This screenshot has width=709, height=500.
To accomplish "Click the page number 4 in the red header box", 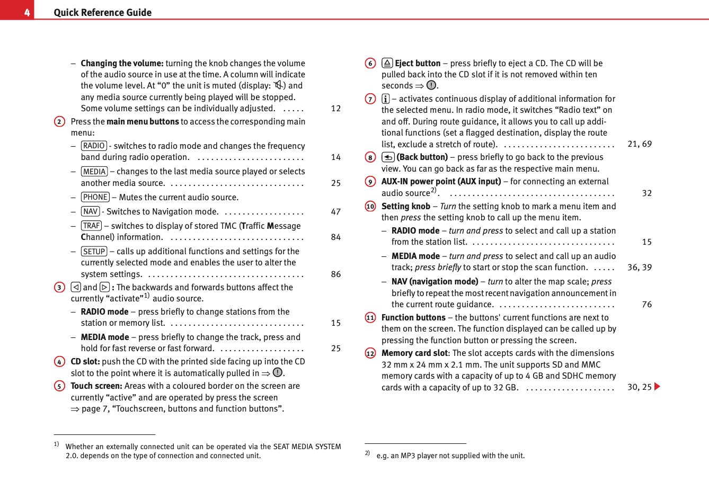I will coord(26,12).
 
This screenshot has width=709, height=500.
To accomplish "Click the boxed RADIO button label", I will coord(94,146).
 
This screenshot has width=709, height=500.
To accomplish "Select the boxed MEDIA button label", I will coord(94,172).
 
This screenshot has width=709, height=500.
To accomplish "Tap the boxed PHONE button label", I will coord(95,197).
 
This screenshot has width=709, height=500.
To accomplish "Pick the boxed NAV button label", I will coord(91,211).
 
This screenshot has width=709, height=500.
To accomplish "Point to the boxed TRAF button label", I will coord(91,226).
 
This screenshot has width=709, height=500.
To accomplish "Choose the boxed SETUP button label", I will coord(94,252).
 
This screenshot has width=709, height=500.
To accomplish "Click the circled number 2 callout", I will coord(59,122).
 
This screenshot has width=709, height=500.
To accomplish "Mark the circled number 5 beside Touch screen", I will coord(59,386).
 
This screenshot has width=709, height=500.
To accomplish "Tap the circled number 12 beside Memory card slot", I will coord(370,353).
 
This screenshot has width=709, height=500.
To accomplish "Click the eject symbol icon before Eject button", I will coord(387,63).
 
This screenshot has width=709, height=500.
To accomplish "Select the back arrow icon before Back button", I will coord(388,157).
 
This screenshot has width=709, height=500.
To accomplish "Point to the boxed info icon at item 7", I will coord(386,99).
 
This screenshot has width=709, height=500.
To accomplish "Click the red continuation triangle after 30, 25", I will coord(658,387).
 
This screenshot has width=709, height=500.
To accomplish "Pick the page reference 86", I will coord(336,274).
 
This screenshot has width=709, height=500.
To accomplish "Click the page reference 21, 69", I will coord(640,144).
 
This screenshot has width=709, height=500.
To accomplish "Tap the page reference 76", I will coord(646,305).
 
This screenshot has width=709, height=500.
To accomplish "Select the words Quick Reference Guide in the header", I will coord(102,13).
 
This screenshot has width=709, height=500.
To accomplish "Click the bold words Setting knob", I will coord(405,207).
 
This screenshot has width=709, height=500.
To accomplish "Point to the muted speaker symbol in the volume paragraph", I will coord(278,85).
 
